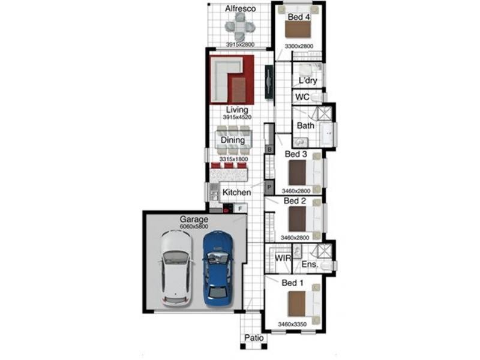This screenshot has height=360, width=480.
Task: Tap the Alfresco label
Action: [241, 9]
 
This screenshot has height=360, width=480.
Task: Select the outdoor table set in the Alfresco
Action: [240, 27]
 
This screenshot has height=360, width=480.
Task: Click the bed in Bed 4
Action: [298, 30]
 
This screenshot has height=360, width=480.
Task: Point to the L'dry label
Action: [308, 81]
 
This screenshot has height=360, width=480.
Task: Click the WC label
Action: [302, 97]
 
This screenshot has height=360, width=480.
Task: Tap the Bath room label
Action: [305, 126]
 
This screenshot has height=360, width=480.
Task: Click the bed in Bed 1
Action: [298, 304]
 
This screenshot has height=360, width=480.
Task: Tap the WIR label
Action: [283, 259]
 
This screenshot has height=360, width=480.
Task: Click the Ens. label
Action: [309, 264]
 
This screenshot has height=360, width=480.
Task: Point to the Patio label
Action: [254, 338]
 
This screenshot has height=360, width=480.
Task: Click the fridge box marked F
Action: [240, 209]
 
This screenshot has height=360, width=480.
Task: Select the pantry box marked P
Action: [269, 188]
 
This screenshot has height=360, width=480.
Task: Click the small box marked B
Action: [269, 148]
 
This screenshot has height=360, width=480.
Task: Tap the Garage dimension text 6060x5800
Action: [194, 228]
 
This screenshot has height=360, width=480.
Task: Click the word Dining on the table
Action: [233, 140]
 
